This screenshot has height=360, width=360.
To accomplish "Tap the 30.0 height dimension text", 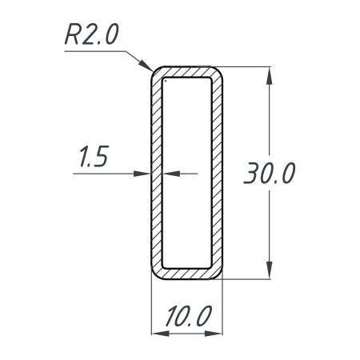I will (270, 174).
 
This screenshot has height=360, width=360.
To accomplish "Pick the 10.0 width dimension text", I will (187, 318).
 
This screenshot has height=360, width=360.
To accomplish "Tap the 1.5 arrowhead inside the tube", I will (170, 173).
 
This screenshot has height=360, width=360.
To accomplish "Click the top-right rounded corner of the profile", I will (218, 72).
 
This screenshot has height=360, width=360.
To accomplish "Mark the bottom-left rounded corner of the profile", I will (156, 274).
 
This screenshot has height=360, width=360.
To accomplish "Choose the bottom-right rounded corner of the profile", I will (218, 274).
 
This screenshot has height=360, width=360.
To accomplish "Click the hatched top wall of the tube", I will (187, 72).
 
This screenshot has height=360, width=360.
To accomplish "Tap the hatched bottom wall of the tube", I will (187, 274).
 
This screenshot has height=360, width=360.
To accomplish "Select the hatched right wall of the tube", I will (217, 173).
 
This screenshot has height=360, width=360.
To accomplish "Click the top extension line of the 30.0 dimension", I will (248, 67).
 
